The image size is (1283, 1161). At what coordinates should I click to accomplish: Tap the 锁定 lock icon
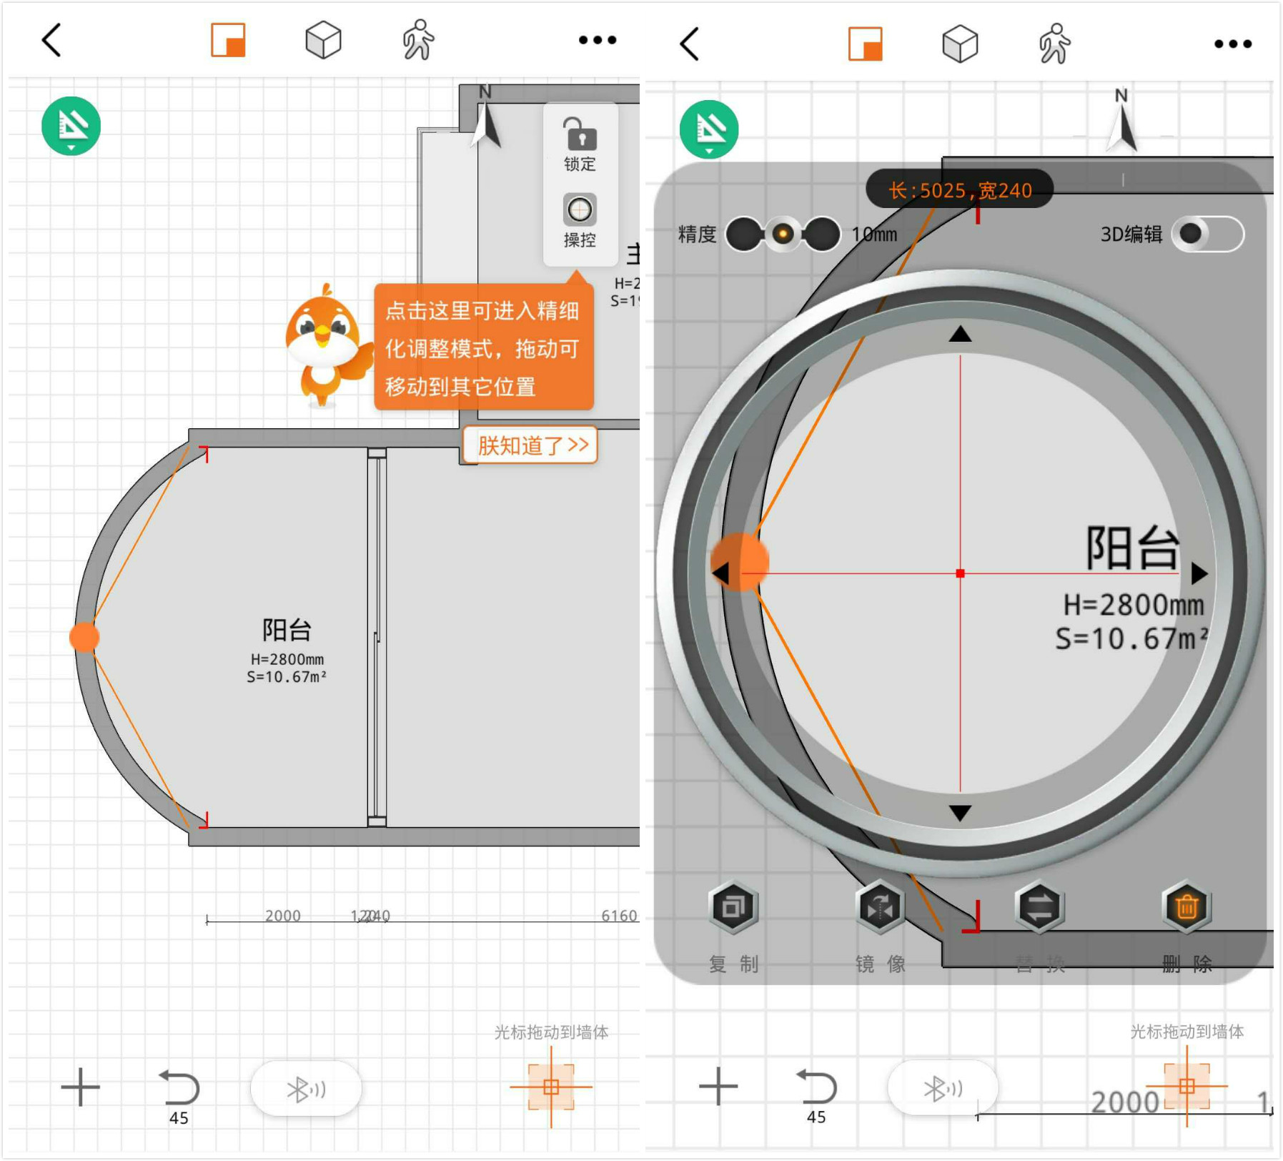[x=579, y=134]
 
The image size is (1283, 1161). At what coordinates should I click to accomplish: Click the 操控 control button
[x=579, y=211]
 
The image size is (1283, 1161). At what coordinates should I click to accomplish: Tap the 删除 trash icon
[x=1187, y=906]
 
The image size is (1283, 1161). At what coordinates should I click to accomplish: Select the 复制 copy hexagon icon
[x=733, y=906]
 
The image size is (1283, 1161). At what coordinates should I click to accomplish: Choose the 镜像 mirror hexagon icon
[x=880, y=906]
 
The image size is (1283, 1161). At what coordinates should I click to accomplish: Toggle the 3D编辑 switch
[x=1207, y=234]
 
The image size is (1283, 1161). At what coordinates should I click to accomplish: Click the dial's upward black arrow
[x=960, y=334]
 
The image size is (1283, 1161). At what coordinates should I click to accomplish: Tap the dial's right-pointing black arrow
[x=1199, y=573]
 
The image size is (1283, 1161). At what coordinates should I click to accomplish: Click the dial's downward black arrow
[x=960, y=813]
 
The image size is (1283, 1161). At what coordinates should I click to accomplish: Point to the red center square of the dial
[x=960, y=573]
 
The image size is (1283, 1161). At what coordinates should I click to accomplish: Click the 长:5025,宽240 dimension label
[x=959, y=190]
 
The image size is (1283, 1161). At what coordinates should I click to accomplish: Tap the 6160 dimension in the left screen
[x=618, y=916]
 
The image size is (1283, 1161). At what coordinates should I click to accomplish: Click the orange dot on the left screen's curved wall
[x=84, y=637]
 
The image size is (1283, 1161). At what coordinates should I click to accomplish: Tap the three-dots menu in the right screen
[x=1233, y=44]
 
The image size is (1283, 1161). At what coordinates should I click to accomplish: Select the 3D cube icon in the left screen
[x=323, y=39]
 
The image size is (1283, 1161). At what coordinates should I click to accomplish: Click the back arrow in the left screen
[x=51, y=39]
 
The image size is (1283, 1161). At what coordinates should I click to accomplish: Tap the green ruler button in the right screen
[x=709, y=129]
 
